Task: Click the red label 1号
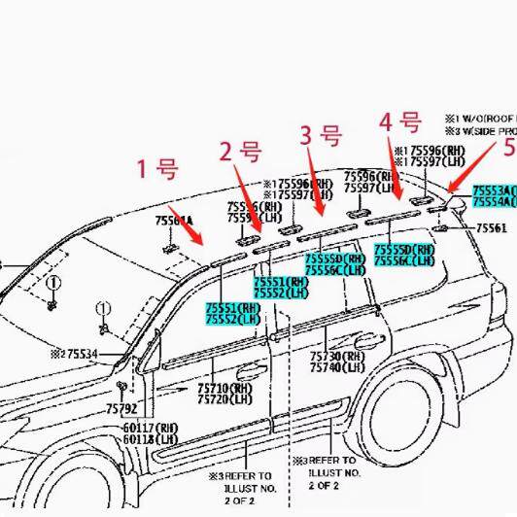(156, 169)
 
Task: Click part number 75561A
(174, 222)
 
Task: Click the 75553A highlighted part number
(494, 190)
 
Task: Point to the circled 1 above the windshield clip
(54, 284)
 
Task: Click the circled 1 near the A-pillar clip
(101, 310)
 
